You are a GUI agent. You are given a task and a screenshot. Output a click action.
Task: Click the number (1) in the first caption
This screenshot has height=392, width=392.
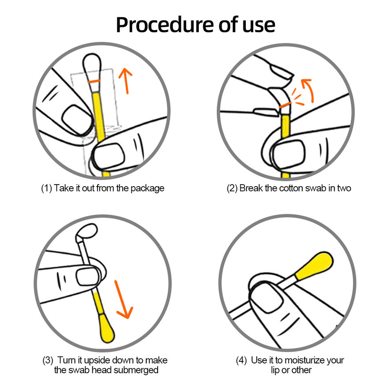point(46,188)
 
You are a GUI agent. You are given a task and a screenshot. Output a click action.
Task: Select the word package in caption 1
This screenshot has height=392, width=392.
point(147,188)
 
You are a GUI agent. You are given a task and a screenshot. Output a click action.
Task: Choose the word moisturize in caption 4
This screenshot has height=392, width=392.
point(301,361)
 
